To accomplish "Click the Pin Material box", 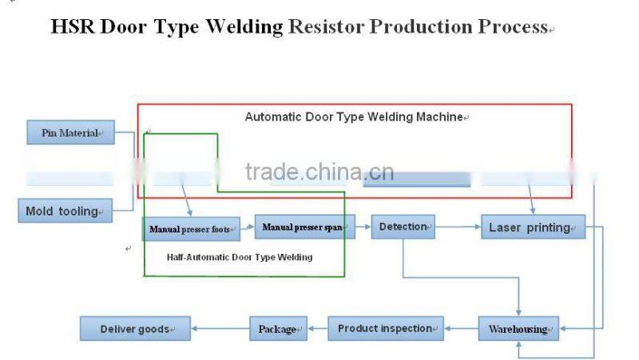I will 70,133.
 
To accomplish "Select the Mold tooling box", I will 65,212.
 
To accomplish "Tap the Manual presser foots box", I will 191,229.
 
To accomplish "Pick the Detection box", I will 403,227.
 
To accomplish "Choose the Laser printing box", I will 533,227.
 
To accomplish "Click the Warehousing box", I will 518,328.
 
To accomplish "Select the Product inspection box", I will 385,328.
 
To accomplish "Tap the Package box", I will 278,328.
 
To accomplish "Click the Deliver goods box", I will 135,328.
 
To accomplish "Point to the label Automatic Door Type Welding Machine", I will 355,117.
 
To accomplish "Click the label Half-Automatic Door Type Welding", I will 240,257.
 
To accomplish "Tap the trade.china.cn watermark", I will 319,172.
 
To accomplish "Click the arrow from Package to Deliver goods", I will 220,328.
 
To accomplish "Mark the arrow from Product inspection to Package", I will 317,328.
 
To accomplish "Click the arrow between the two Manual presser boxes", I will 248,228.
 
